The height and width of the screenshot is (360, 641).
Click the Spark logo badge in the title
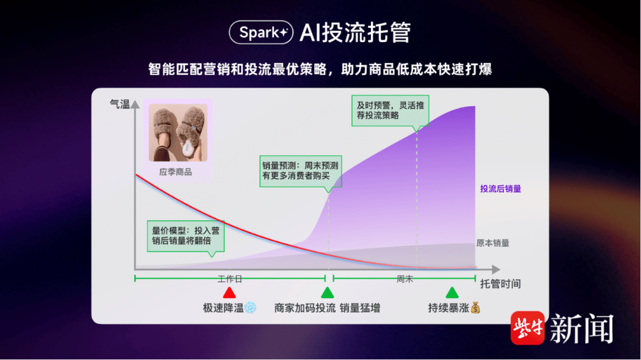[x=261, y=32]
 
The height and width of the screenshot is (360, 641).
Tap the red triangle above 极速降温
[x=229, y=292]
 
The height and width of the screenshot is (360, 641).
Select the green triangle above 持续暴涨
[x=452, y=292]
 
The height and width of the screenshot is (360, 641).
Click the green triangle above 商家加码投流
[x=327, y=292]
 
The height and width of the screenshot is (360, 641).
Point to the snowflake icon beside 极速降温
[x=250, y=308]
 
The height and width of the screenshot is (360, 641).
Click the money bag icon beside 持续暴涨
[x=475, y=308]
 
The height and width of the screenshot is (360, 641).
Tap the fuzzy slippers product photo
[x=178, y=132]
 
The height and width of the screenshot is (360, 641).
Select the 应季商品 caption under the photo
[x=175, y=172]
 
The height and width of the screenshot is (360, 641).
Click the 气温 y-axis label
[x=119, y=104]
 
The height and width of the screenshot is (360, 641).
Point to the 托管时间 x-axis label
[x=500, y=284]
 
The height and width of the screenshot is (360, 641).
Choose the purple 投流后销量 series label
[x=500, y=189]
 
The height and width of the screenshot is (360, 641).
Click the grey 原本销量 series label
[x=493, y=243]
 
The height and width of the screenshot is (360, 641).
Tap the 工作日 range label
[x=230, y=279]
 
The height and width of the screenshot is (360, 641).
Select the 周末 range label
[x=405, y=279]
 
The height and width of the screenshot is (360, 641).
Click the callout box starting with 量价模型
[x=186, y=236]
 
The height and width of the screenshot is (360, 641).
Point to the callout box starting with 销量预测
[x=300, y=171]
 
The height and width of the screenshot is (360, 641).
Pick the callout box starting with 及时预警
[x=390, y=111]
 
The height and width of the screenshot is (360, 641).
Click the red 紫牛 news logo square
[x=528, y=328]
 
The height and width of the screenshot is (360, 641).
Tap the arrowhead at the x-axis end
[x=496, y=269]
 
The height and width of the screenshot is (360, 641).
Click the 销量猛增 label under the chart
[x=360, y=308]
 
